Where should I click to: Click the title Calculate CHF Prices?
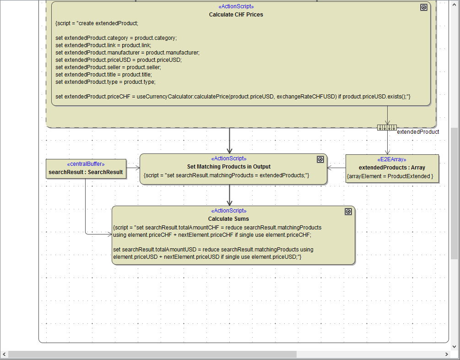pyautogui.click(x=236, y=14)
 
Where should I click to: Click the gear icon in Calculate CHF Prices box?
pyautogui.click(x=423, y=7)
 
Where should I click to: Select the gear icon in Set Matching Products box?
pyautogui.click(x=320, y=159)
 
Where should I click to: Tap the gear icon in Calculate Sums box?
pyautogui.click(x=348, y=212)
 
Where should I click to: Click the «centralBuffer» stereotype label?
pyautogui.click(x=86, y=164)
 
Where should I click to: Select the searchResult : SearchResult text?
pyautogui.click(x=86, y=172)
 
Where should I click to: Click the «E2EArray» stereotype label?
pyautogui.click(x=391, y=159)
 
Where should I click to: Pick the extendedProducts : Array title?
pyautogui.click(x=392, y=168)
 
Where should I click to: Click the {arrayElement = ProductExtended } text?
pyautogui.click(x=390, y=176)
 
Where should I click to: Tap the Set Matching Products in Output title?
pyautogui.click(x=229, y=167)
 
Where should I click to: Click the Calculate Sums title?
pyautogui.click(x=228, y=219)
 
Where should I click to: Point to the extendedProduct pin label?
pyautogui.click(x=417, y=132)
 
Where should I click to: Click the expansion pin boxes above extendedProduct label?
pyautogui.click(x=387, y=127)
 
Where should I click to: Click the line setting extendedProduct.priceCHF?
pyautogui.click(x=233, y=97)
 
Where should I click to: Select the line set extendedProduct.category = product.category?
pyautogui.click(x=116, y=38)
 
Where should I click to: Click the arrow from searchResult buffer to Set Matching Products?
pyautogui.click(x=133, y=168)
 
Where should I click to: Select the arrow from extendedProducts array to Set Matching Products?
pyautogui.click(x=336, y=168)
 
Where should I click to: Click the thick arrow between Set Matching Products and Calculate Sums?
pyautogui.click(x=229, y=195)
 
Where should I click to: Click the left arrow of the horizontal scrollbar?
pyautogui.click(x=4, y=355)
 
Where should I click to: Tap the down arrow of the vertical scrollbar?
pyautogui.click(x=455, y=346)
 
